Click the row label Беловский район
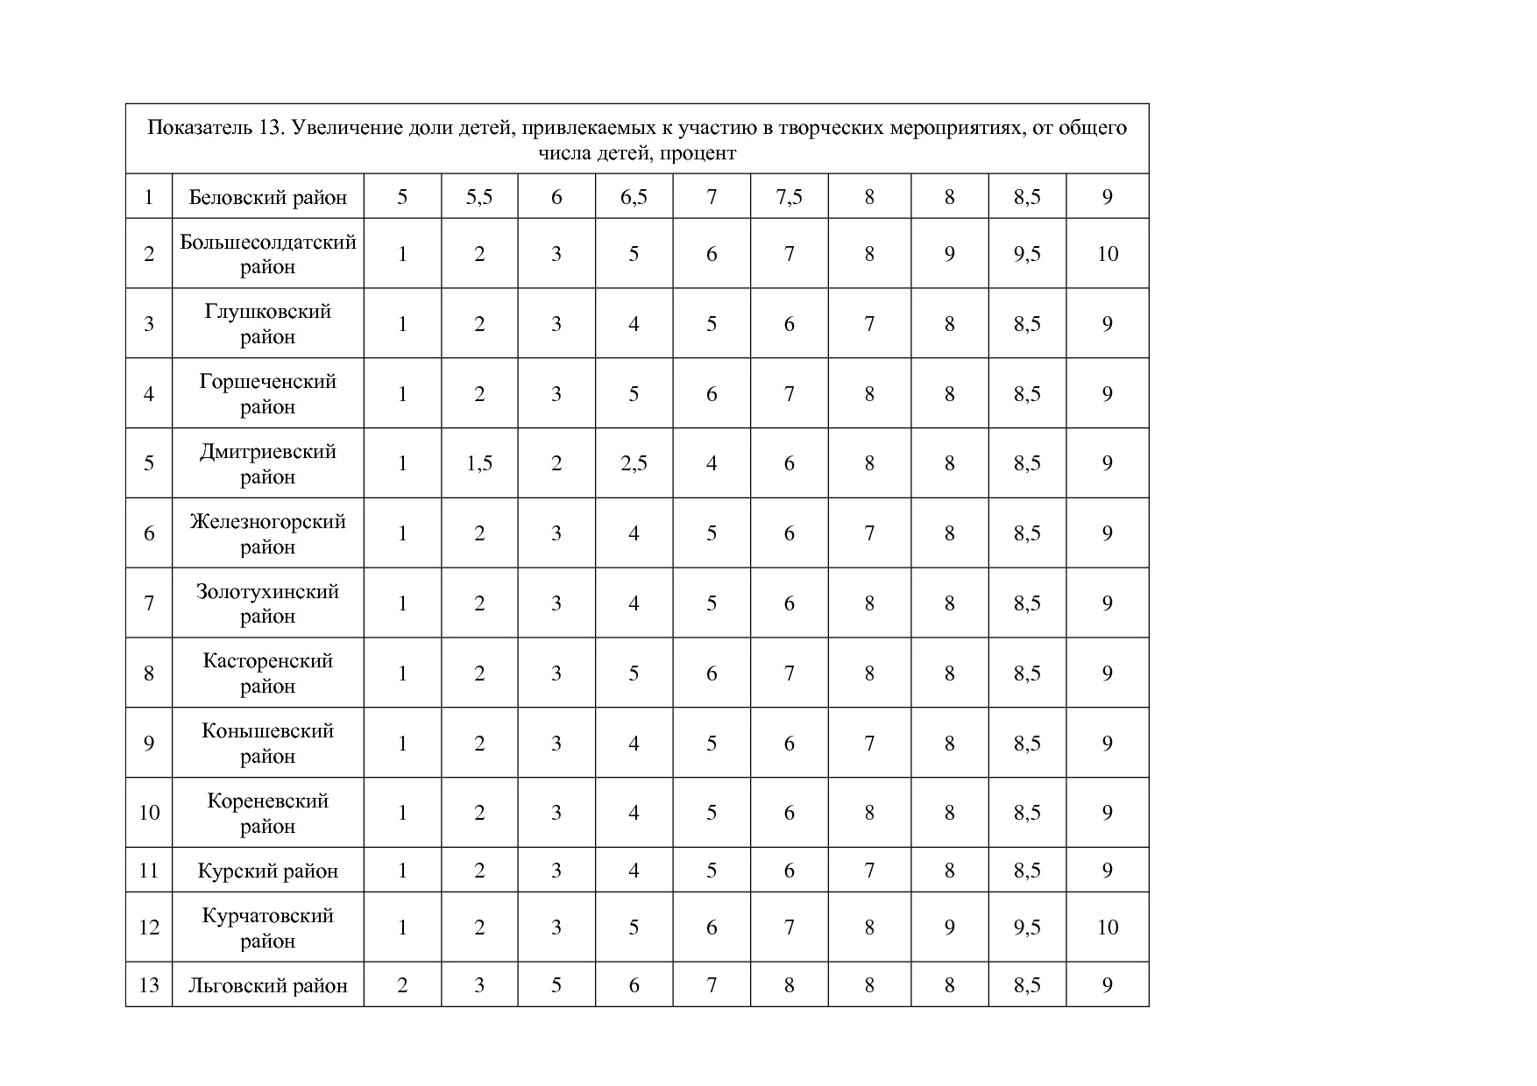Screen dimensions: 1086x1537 coord(267,197)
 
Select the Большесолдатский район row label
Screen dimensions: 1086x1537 coord(267,254)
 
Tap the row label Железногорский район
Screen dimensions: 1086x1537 coord(267,533)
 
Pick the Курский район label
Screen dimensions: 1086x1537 coord(267,871)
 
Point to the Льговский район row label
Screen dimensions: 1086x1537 coord(267,985)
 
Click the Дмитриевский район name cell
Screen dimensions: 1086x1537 coord(267,463)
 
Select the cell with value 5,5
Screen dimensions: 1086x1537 coord(479,197)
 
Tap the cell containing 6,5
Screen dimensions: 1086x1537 coord(634,197)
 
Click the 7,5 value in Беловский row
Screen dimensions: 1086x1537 coord(789,197)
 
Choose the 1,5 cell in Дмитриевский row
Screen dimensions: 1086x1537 coord(479,463)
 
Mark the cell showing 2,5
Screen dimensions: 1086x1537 coord(634,463)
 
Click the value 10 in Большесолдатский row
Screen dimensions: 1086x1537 coord(1108,254)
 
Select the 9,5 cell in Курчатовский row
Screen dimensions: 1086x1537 coord(1027,927)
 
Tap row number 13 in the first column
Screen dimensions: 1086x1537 coord(149,985)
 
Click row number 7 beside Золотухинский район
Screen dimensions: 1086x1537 coord(149,603)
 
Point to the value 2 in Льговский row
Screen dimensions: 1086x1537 coord(402,985)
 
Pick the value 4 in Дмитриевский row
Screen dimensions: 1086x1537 coord(712,463)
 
